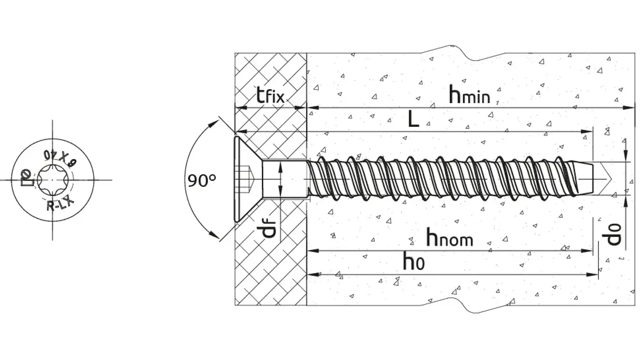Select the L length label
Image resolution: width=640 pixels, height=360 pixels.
[413, 119]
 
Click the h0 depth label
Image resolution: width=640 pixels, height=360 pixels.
[413, 261]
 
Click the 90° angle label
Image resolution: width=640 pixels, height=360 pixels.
[202, 180]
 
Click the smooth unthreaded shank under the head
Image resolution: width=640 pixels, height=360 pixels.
[283, 179]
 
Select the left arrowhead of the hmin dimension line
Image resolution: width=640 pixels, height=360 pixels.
[311, 108]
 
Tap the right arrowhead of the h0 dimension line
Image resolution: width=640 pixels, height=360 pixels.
[595, 274]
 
